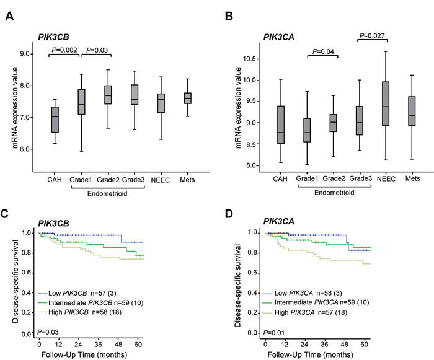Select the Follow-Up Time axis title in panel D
click(317, 354)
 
